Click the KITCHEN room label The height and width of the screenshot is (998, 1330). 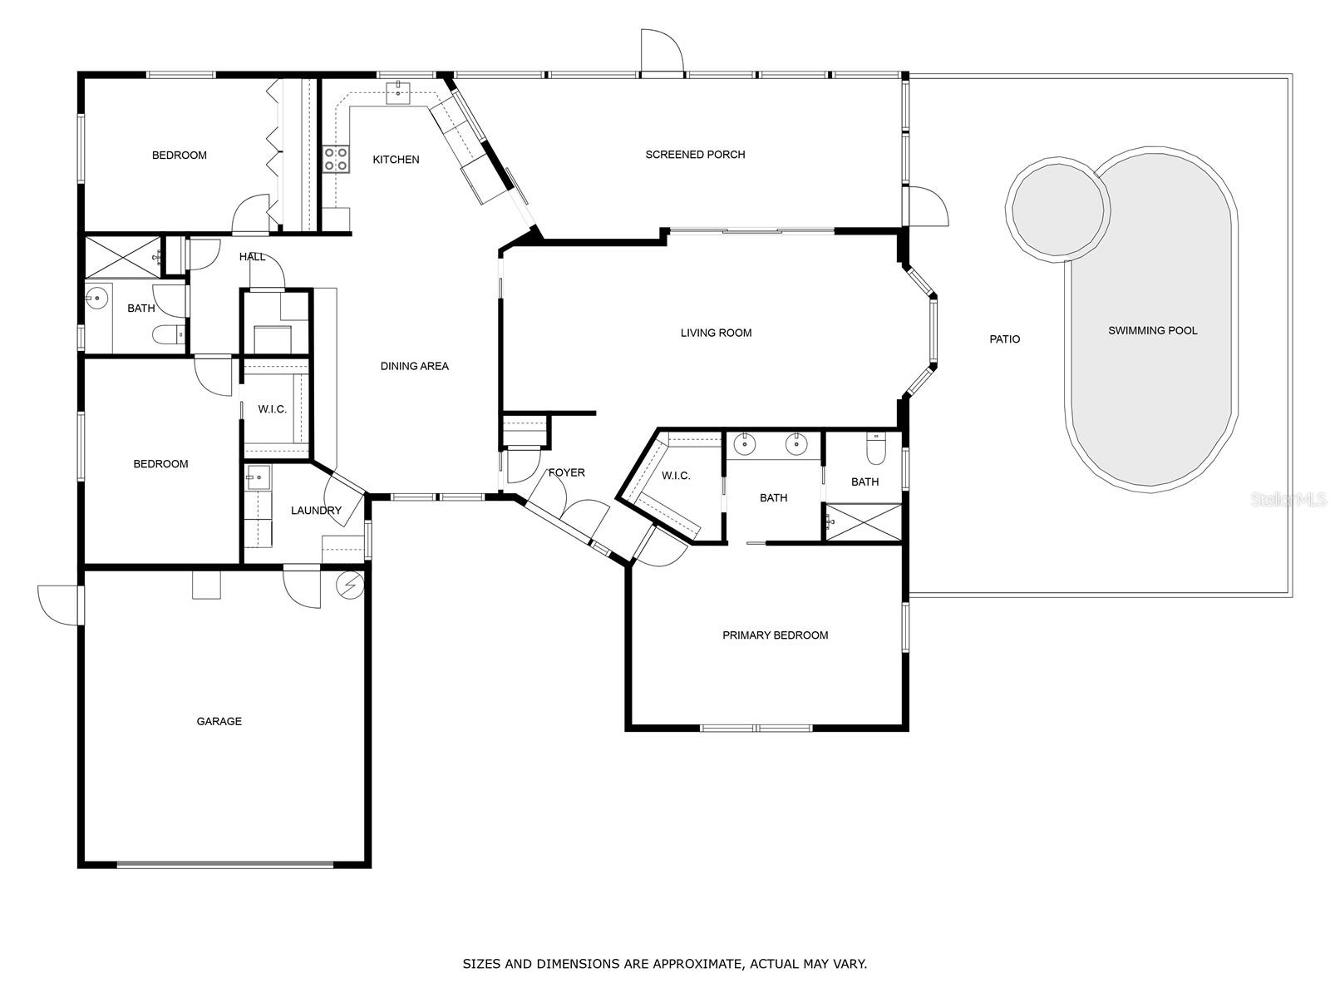396,160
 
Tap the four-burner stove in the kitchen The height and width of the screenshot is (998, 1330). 336,159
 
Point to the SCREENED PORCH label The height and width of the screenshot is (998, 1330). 695,155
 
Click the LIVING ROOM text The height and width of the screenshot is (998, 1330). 716,333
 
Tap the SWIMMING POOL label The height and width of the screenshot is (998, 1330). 1152,330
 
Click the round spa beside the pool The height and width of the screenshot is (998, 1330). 1058,210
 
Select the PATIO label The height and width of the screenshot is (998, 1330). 1005,339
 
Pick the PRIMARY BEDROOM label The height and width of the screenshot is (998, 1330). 775,635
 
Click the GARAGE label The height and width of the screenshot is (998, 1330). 219,721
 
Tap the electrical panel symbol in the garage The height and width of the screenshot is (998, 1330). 350,586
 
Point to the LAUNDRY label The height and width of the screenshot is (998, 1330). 316,510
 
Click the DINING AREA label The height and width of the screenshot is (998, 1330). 415,366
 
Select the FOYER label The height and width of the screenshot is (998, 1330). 567,472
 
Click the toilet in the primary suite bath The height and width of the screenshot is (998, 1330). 875,447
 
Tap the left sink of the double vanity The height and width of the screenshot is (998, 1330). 744,445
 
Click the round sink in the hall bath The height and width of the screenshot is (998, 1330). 96,298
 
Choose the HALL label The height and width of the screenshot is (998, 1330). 252,257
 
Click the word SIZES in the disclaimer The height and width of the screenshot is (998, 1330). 481,963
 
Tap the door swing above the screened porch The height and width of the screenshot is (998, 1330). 663,51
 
